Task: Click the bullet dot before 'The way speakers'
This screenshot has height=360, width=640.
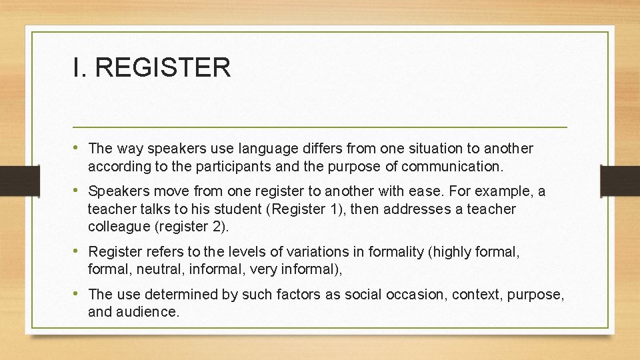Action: point(79,147)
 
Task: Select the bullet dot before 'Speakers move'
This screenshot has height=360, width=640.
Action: point(79,191)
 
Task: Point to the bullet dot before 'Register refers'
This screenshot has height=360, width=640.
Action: point(79,251)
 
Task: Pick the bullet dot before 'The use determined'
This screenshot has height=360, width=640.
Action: point(79,293)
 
